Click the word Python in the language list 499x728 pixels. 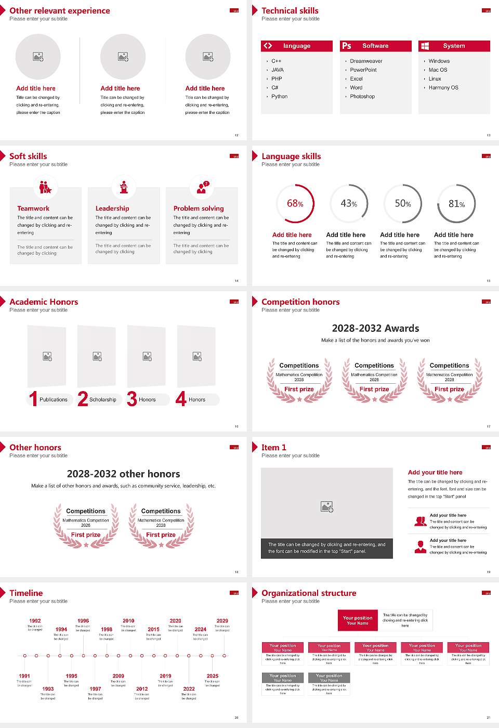[x=279, y=97]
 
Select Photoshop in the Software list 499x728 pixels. [x=362, y=97]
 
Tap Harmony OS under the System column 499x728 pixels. [x=443, y=88]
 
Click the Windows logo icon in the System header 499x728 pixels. [x=425, y=46]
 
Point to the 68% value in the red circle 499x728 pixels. [x=295, y=204]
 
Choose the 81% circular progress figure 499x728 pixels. [x=456, y=204]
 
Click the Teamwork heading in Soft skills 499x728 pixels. [x=33, y=209]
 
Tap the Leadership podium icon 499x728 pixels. [x=124, y=187]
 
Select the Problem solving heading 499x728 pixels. [x=199, y=209]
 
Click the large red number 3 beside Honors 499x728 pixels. [x=132, y=399]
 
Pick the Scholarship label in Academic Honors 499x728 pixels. [x=102, y=400]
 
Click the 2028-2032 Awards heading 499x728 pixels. [x=375, y=328]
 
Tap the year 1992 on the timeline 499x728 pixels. [x=35, y=621]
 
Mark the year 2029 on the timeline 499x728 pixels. [x=222, y=621]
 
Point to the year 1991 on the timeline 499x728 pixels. [x=24, y=676]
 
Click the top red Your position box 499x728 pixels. [x=358, y=620]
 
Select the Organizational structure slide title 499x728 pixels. [x=309, y=593]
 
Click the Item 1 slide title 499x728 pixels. [x=273, y=448]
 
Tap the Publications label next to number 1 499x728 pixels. [x=54, y=400]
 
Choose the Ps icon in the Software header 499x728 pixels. [x=347, y=46]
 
